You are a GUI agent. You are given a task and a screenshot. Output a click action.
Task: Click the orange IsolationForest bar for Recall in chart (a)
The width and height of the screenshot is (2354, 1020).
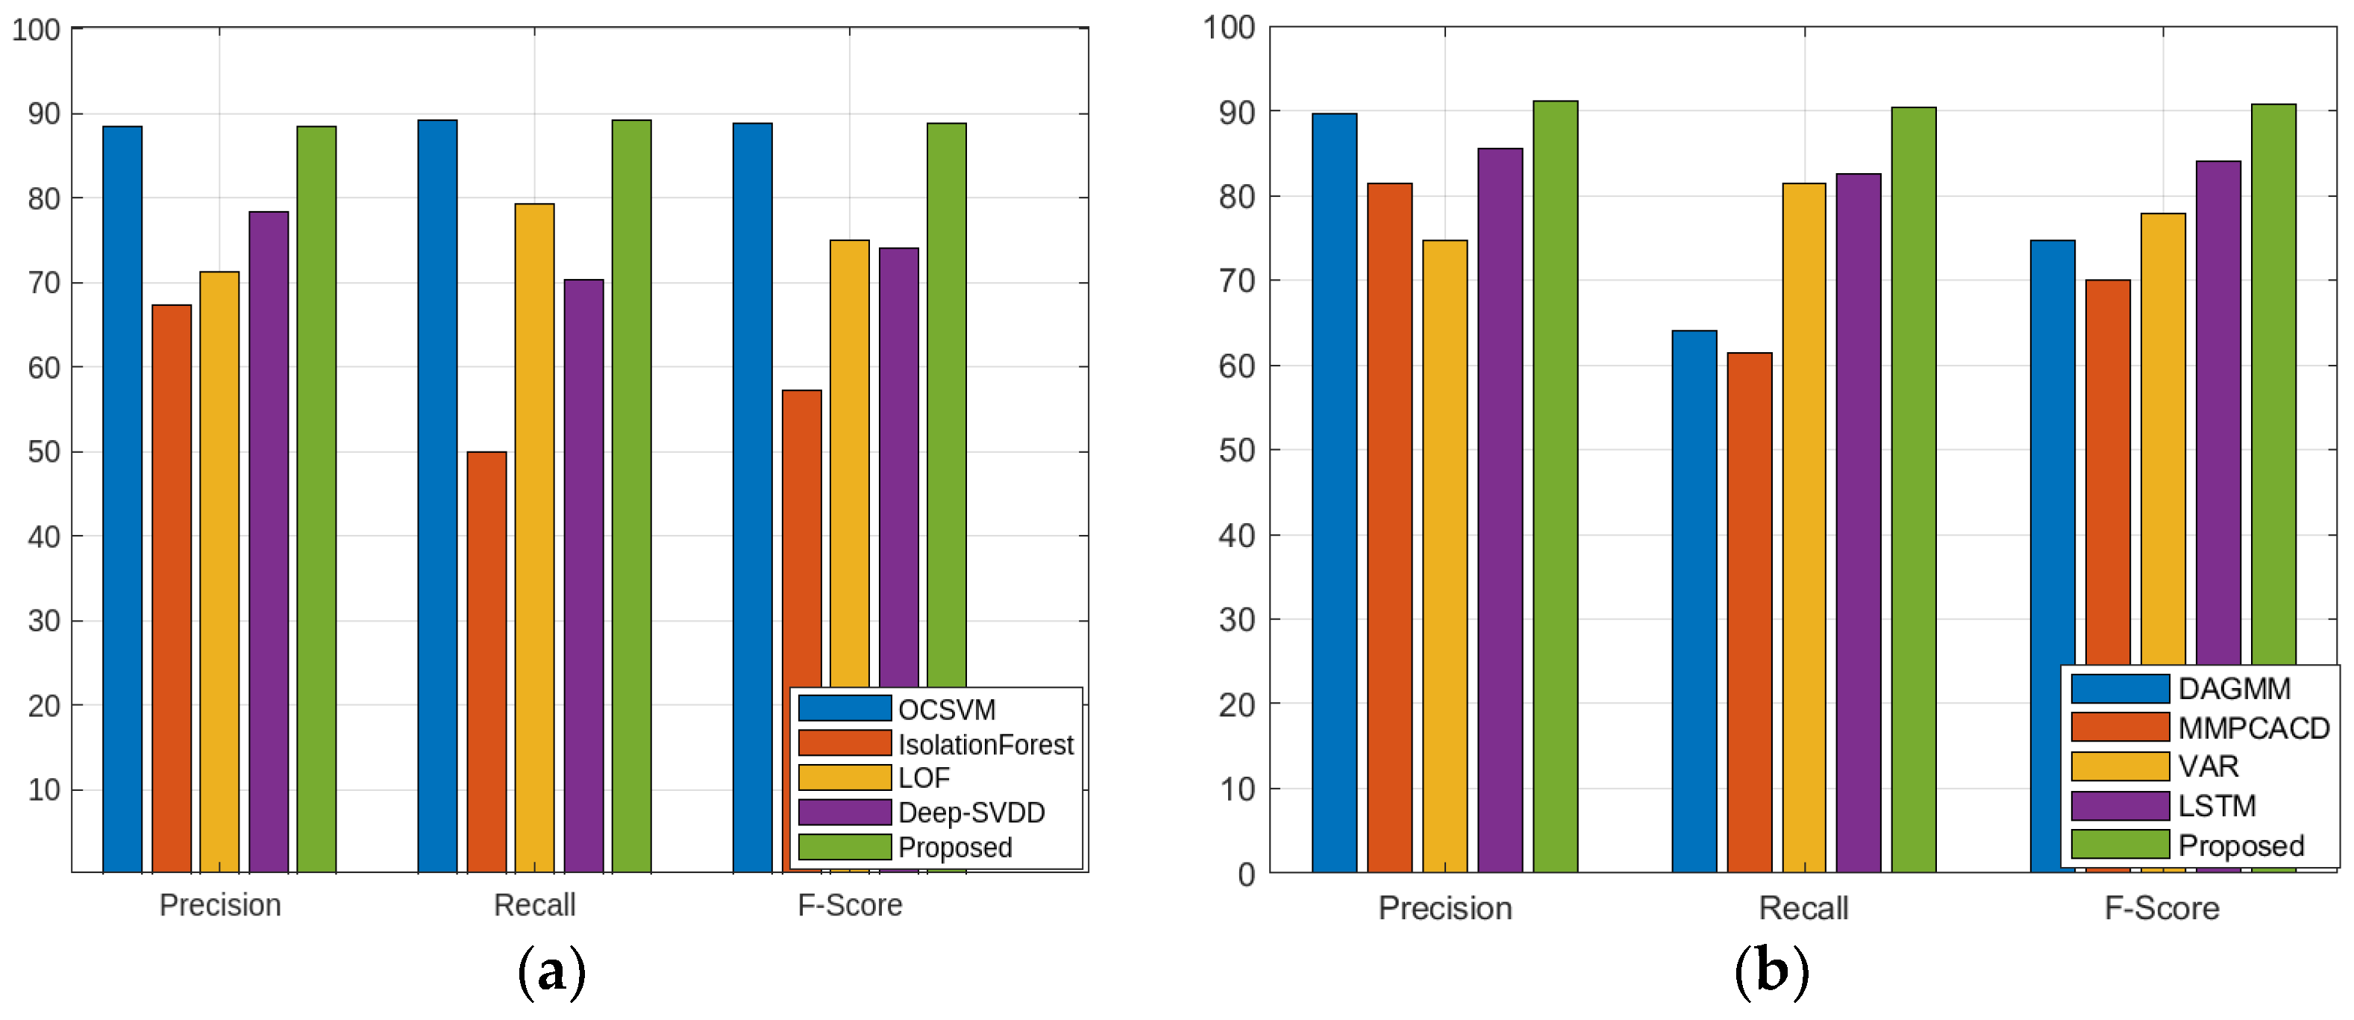(486, 662)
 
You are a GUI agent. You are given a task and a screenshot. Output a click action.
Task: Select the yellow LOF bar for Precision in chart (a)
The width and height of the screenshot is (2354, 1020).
(219, 572)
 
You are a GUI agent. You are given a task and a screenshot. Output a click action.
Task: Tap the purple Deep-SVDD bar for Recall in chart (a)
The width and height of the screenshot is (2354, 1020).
(583, 576)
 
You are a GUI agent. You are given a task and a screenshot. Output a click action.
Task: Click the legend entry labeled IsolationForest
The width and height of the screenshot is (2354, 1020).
(985, 744)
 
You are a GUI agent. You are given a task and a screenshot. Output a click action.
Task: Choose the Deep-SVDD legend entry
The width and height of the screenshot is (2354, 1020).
(971, 813)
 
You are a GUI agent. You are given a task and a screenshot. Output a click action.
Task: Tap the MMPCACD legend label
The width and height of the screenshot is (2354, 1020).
(2253, 728)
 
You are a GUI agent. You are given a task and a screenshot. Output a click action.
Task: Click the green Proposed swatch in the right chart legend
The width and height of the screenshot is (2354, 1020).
(2119, 845)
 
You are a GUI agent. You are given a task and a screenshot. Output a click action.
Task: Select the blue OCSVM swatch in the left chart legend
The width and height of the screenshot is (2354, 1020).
(845, 708)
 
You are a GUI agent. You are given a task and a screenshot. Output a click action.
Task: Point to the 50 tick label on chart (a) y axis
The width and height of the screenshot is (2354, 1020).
(43, 451)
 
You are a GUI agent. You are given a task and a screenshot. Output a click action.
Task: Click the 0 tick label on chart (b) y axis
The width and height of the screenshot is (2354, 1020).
(1245, 874)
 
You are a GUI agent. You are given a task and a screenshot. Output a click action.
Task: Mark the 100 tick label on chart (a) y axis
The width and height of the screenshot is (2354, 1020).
(36, 29)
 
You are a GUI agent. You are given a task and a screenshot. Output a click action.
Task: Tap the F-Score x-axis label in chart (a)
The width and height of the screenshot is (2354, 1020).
(849, 905)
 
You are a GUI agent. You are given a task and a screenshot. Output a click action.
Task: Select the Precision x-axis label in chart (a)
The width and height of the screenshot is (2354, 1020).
(219, 905)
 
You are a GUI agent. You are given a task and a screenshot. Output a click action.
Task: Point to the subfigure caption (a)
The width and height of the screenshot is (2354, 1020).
(551, 971)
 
